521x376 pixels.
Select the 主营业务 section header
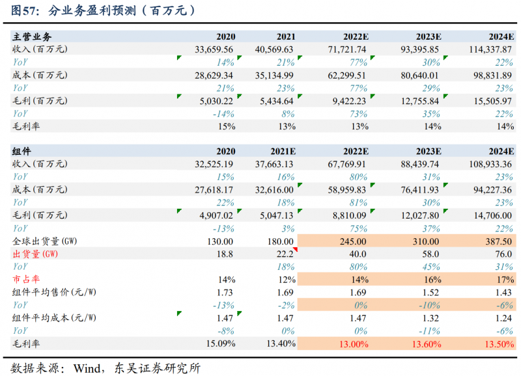32,38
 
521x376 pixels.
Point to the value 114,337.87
485,50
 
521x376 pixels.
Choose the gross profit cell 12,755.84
421,100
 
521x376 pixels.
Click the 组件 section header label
21,152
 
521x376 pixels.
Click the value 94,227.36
488,189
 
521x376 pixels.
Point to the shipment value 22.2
285,254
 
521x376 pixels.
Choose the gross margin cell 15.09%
219,343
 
